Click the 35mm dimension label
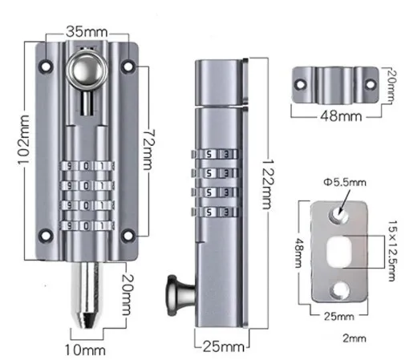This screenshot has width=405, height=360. pyautogui.click(x=87, y=32)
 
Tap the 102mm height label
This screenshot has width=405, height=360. pyautogui.click(x=24, y=140)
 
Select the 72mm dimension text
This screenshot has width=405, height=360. pyautogui.click(x=148, y=150)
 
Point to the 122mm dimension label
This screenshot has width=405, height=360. pyautogui.click(x=268, y=184)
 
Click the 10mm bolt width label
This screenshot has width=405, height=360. pyautogui.click(x=85, y=350)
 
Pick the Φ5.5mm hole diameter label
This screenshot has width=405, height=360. pyautogui.click(x=345, y=183)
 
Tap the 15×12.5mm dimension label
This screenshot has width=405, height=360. pyautogui.click(x=392, y=251)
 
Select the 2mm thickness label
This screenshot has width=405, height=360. pyautogui.click(x=354, y=338)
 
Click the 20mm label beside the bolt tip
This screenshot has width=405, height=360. pyautogui.click(x=127, y=294)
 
